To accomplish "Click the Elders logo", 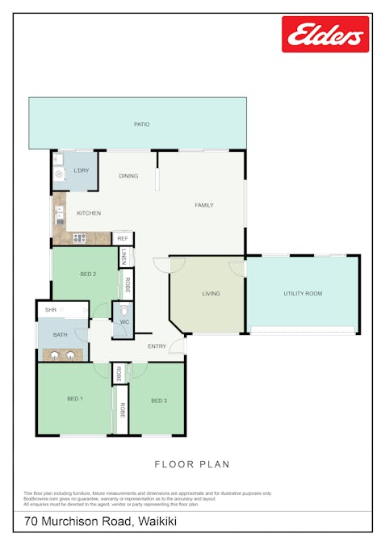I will coord(324,35).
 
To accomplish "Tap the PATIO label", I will coord(141,124).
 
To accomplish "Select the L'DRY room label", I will coord(81,171).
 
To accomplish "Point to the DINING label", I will coord(128,176).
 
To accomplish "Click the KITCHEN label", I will coord(89,213).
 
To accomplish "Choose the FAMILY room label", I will coord(204,205).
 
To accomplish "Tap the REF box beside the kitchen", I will coord(123,239).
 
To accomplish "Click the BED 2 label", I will coord(88,275).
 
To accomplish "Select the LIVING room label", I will coord(211,294).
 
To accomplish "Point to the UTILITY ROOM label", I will coord(303,294).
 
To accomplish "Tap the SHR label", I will coord(51,310).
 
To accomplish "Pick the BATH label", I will coord(61,334).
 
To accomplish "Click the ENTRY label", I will coord(157,346).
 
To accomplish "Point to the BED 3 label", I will coord(159,400).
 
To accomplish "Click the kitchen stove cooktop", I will coord(79,237).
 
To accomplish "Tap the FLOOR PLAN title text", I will coord(192,464).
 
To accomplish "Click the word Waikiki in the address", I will coord(158,522).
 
